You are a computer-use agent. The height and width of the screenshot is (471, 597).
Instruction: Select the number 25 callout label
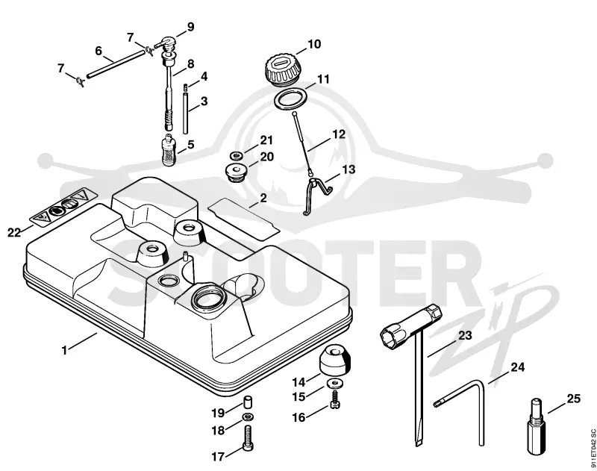click(x=573, y=399)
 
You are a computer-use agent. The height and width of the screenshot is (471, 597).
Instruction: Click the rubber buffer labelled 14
click(x=334, y=361)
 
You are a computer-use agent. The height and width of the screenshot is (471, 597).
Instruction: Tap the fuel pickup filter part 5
click(x=167, y=149)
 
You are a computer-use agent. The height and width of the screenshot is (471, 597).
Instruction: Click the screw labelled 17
click(x=248, y=438)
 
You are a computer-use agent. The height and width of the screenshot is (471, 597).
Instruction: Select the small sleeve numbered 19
click(x=248, y=402)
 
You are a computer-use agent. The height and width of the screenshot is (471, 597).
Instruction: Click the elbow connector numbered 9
click(x=166, y=43)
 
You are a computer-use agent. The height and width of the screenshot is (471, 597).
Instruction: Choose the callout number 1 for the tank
click(x=64, y=350)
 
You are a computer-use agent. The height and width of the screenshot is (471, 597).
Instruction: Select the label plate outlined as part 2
click(x=244, y=215)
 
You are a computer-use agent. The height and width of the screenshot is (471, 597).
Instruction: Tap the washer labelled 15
click(x=334, y=383)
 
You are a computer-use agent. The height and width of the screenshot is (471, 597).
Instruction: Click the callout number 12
click(x=339, y=134)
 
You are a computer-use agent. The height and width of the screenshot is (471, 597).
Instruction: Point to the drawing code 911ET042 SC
click(x=593, y=448)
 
